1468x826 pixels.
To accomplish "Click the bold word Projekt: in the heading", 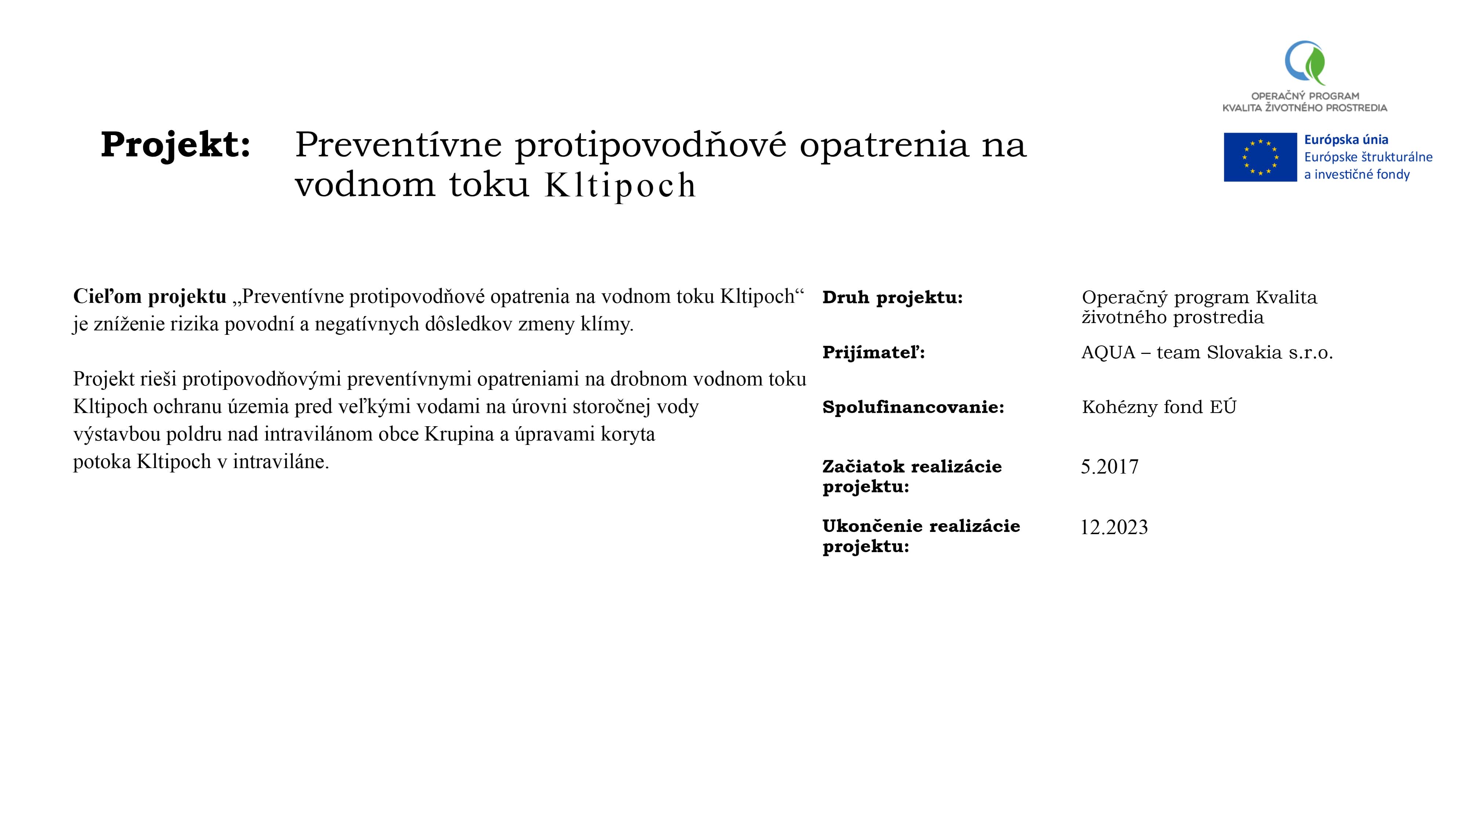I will pyautogui.click(x=175, y=144).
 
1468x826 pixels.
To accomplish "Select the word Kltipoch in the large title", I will pyautogui.click(x=620, y=185).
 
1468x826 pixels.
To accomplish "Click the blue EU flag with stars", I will pyautogui.click(x=1260, y=157).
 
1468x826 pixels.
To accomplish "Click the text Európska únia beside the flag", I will pyautogui.click(x=1346, y=140).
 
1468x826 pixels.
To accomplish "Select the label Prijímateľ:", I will pyautogui.click(x=873, y=352).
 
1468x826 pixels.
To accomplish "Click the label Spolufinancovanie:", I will pyautogui.click(x=913, y=407).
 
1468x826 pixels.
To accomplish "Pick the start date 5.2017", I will pyautogui.click(x=1109, y=467).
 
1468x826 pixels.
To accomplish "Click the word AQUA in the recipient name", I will pyautogui.click(x=1108, y=352).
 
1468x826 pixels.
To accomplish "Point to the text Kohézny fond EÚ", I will pyautogui.click(x=1159, y=407).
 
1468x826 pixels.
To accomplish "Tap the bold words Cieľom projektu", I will pyautogui.click(x=150, y=296).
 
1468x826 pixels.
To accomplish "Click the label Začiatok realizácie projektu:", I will pyautogui.click(x=912, y=476).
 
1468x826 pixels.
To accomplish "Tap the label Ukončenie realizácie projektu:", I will pyautogui.click(x=921, y=536).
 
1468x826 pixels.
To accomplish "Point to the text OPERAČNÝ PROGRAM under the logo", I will pyautogui.click(x=1305, y=96).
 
